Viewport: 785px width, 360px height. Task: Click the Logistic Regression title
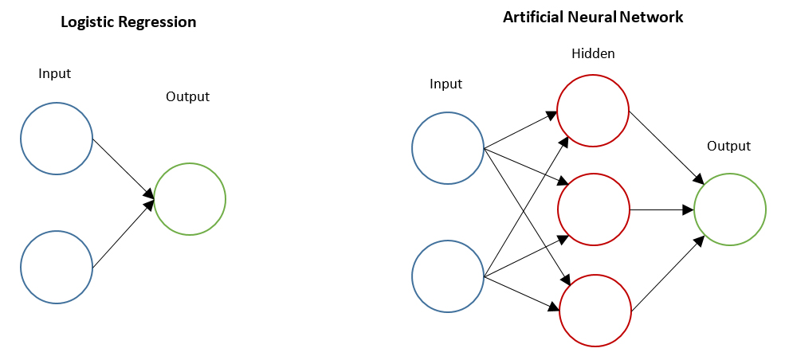(x=128, y=22)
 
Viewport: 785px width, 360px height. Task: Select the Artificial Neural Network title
(x=593, y=17)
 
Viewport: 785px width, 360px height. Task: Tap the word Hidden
(x=593, y=54)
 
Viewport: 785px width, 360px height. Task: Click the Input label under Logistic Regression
(x=55, y=74)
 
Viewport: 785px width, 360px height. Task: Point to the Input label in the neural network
(x=445, y=84)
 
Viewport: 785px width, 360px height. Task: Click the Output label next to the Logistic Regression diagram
(x=187, y=97)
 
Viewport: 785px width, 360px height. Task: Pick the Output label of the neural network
(x=729, y=147)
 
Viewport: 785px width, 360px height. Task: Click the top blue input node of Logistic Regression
(x=57, y=138)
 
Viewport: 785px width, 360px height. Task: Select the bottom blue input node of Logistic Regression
(x=57, y=267)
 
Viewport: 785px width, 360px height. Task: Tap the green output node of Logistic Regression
(x=190, y=199)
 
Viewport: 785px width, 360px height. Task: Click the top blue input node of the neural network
(x=448, y=147)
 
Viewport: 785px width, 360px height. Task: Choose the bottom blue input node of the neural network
(x=448, y=277)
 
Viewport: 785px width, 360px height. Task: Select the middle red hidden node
(x=593, y=210)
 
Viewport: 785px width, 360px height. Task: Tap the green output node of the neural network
(x=730, y=210)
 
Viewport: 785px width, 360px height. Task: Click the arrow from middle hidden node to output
(x=661, y=210)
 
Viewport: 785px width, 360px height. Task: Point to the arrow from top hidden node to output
(x=665, y=147)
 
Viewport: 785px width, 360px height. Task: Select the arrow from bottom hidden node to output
(x=667, y=273)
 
